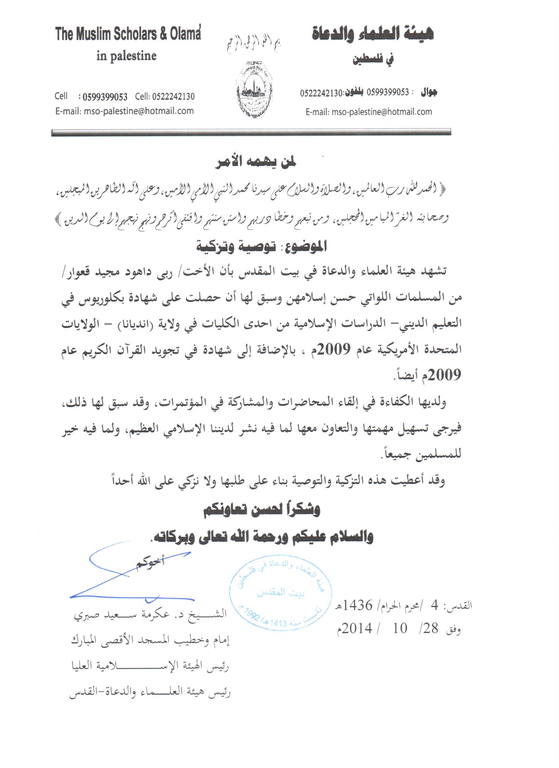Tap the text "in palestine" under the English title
(x=127, y=56)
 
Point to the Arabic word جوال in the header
(x=429, y=92)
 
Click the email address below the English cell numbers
(x=124, y=111)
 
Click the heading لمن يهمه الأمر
(x=256, y=162)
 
